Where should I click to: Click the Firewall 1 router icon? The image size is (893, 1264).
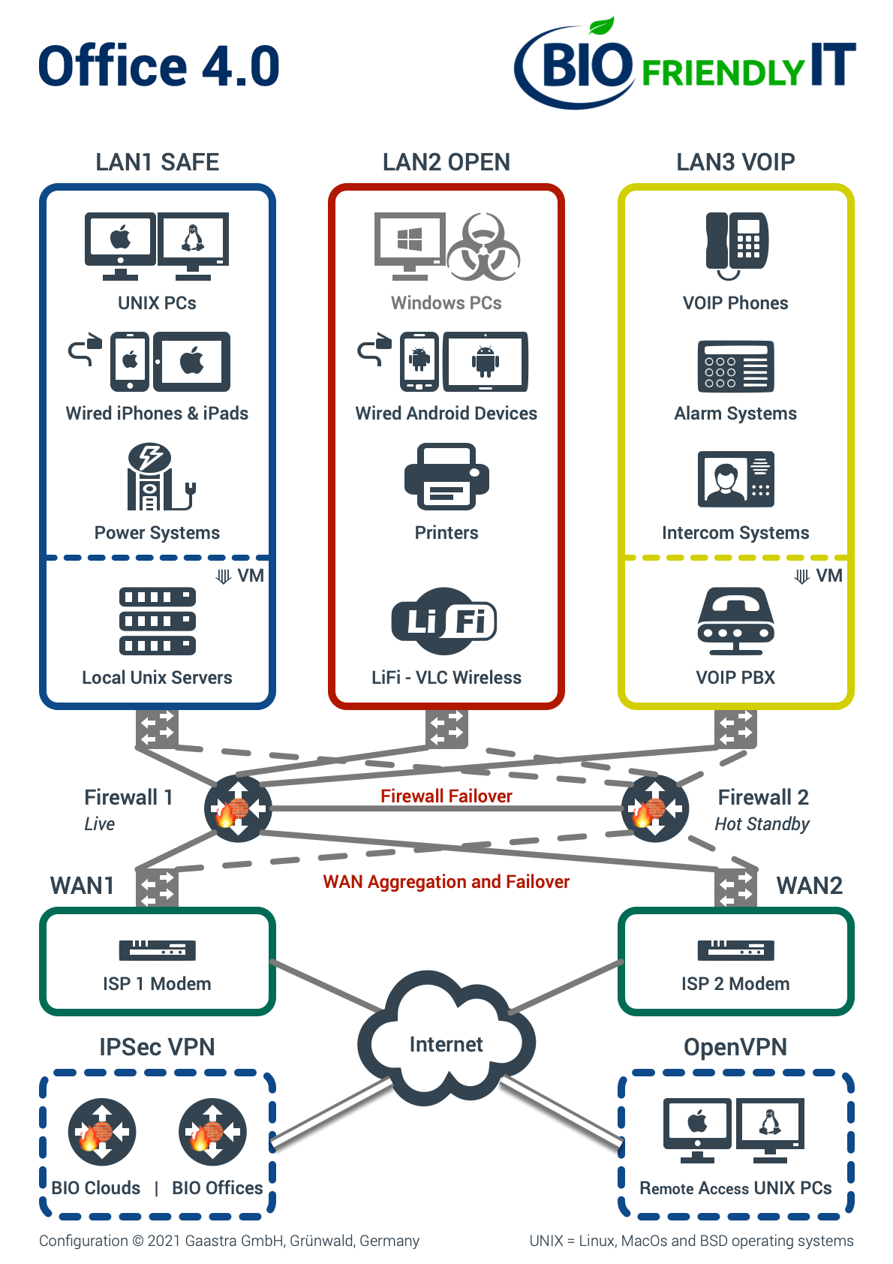coord(237,808)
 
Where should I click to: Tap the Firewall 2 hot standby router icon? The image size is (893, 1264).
coord(654,808)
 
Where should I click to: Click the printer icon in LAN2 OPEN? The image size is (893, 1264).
coord(446,477)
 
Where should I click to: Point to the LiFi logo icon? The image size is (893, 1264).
coord(444,621)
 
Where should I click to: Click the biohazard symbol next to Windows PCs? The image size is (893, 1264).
coord(483,247)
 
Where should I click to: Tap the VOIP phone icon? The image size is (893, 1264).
coord(736,245)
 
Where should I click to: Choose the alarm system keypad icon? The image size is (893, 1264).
coord(735,366)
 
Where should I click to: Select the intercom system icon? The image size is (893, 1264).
coord(735,479)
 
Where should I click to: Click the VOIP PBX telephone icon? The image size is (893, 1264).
coord(735,621)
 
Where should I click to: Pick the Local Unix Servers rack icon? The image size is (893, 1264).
coord(158,621)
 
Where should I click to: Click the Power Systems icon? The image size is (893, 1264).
coord(161,477)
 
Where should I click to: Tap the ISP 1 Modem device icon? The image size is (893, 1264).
coord(158,950)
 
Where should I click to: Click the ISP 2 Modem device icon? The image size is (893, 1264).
coord(735,950)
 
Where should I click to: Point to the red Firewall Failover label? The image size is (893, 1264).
coord(446,796)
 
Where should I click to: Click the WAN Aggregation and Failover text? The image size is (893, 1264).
coord(446,881)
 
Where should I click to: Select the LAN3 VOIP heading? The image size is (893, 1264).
coord(735,162)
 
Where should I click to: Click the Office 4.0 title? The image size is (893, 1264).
coord(159,66)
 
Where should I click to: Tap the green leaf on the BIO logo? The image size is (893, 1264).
coord(601,26)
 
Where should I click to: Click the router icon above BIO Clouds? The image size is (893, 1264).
coord(102,1131)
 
